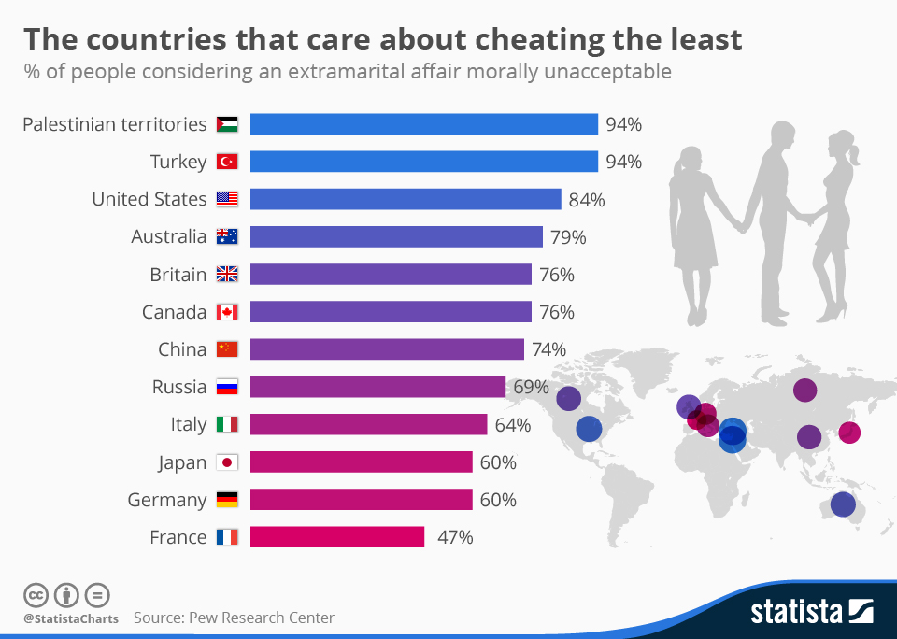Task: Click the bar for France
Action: (x=337, y=537)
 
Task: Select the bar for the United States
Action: (x=406, y=199)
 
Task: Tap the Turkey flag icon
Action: (x=227, y=162)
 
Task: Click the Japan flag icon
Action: (x=227, y=462)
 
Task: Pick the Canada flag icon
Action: (x=227, y=312)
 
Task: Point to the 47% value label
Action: (x=455, y=537)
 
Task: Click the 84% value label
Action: (x=587, y=199)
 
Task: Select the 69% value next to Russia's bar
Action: (x=531, y=386)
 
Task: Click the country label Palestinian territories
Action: (x=114, y=124)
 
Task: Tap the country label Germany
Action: (x=167, y=500)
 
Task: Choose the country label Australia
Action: (x=169, y=236)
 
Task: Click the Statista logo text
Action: (x=797, y=613)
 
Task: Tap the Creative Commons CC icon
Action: (x=36, y=594)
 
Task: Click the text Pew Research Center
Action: (x=261, y=618)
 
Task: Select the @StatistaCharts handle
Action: (x=71, y=618)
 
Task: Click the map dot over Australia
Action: (x=843, y=504)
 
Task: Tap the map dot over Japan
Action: (x=848, y=433)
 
